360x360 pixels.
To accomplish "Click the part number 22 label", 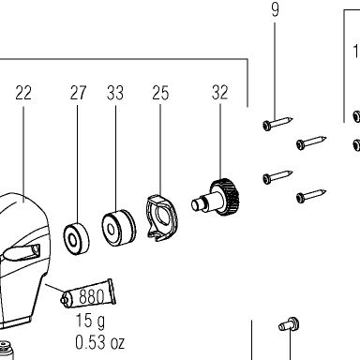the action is click(x=23, y=93).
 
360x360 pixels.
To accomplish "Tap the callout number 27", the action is click(x=78, y=93).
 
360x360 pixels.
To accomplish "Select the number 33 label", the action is click(x=115, y=93).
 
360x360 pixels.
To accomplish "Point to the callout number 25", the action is click(x=160, y=93).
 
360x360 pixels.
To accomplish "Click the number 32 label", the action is click(x=219, y=92).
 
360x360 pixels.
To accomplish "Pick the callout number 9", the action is click(x=275, y=9).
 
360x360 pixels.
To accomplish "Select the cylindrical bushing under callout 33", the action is click(x=119, y=228).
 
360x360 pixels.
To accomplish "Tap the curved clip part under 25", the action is click(x=161, y=218).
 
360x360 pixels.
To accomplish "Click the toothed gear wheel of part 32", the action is click(x=226, y=197).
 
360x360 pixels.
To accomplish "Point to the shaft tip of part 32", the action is click(x=196, y=205).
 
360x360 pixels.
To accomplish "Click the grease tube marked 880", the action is click(x=88, y=293).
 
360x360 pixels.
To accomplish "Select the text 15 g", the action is click(x=90, y=321).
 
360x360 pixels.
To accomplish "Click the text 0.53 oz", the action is click(x=99, y=342).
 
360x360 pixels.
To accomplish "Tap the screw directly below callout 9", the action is click(x=277, y=124).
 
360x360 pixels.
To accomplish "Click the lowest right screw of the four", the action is click(x=311, y=196).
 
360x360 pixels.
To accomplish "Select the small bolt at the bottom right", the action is click(x=289, y=324).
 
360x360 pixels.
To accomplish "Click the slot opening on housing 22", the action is click(x=36, y=250).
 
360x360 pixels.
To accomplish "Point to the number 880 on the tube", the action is click(x=91, y=296).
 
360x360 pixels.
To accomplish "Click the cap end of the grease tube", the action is click(x=65, y=299).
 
